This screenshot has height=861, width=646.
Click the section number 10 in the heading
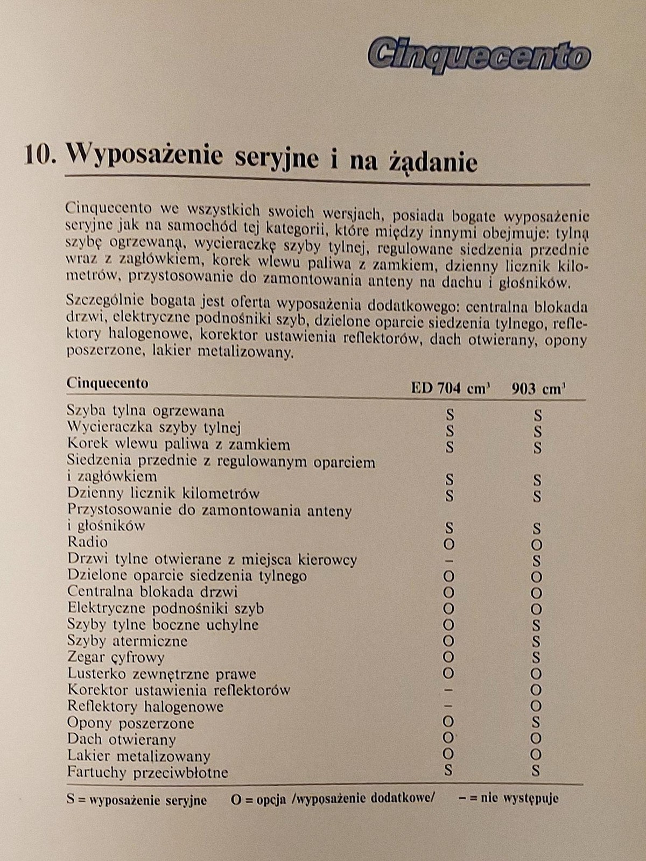tap(40, 156)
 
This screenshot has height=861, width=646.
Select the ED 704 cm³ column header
tap(450, 388)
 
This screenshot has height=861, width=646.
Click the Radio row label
tap(87, 542)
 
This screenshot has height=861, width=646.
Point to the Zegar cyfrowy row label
tap(116, 657)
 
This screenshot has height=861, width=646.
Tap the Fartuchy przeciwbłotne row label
tap(148, 772)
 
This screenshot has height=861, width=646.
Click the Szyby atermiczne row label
tap(128, 641)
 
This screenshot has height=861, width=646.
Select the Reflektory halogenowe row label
tap(145, 707)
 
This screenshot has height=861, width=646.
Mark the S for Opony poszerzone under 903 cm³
tap(536, 722)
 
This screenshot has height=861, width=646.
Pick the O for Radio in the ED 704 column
tap(448, 544)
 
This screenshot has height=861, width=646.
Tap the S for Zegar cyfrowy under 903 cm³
tap(536, 658)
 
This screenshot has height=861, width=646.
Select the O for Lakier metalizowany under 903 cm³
tap(536, 754)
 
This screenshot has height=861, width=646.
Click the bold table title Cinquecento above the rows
tap(107, 383)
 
